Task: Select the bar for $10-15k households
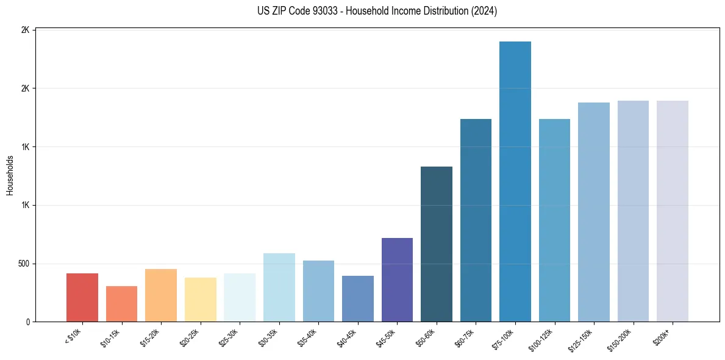pos(121,304)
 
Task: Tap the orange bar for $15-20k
pos(161,295)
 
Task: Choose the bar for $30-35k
pos(279,287)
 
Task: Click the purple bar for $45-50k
pos(397,279)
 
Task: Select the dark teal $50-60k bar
pos(437,244)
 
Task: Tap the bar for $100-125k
pos(554,220)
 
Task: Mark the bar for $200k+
pos(673,211)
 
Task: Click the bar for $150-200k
pos(633,211)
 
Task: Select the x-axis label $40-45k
pos(346,338)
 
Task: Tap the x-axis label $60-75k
pos(464,338)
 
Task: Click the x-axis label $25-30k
pos(228,338)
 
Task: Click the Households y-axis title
pos(10,175)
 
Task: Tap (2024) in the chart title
pos(484,11)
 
